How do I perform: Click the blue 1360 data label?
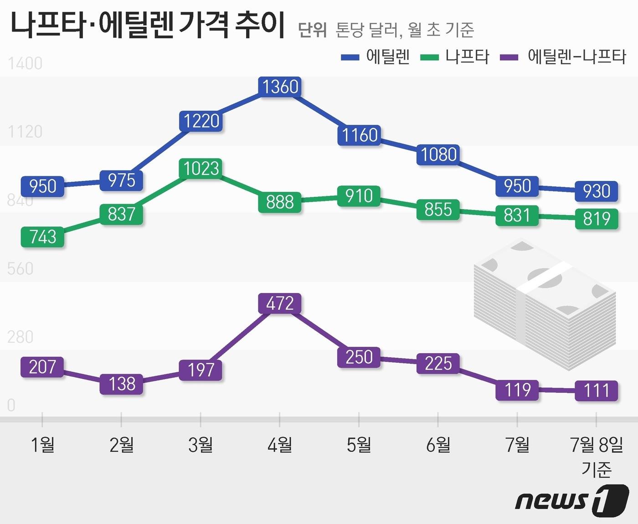tap(280, 87)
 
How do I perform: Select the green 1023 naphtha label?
tap(201, 169)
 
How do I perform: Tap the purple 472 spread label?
tap(280, 303)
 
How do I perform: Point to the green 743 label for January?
tap(42, 237)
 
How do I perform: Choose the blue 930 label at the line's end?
tap(596, 191)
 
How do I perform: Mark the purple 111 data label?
tap(596, 390)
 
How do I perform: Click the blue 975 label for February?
tap(121, 180)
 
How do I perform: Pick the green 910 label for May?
tap(359, 196)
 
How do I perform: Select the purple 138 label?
tap(122, 384)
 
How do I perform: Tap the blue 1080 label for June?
tap(438, 155)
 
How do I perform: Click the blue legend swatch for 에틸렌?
tap(350, 57)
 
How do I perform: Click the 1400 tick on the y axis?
tap(25, 63)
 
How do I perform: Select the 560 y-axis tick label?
tap(21, 269)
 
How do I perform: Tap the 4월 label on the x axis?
tap(280, 445)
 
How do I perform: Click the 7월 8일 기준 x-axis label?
tap(596, 456)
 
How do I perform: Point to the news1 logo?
tap(571, 500)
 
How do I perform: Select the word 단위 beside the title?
tap(312, 30)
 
